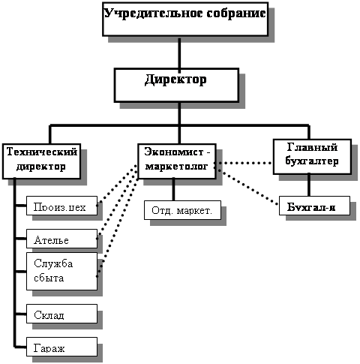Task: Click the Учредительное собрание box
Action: [x=185, y=20]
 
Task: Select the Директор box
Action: [x=176, y=85]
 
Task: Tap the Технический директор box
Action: [x=41, y=161]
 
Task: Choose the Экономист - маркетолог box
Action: [x=177, y=161]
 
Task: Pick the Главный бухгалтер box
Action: [x=312, y=157]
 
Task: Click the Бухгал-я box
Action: [x=314, y=206]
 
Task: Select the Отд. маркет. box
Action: [x=182, y=210]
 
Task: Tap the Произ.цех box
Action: [x=61, y=206]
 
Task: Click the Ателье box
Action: [x=61, y=239]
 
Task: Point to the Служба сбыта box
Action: [x=61, y=271]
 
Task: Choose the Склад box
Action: [x=61, y=314]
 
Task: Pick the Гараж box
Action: [x=61, y=347]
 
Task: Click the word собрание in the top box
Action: [x=236, y=13]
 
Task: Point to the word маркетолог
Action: [x=177, y=166]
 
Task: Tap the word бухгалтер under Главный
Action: [x=312, y=161]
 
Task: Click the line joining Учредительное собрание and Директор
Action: [x=179, y=53]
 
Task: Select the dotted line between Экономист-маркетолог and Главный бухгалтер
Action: [x=244, y=163]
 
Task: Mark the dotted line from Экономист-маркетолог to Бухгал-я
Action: [x=247, y=187]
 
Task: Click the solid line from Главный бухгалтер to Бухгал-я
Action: [x=309, y=185]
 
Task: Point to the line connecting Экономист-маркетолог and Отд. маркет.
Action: [x=173, y=190]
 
